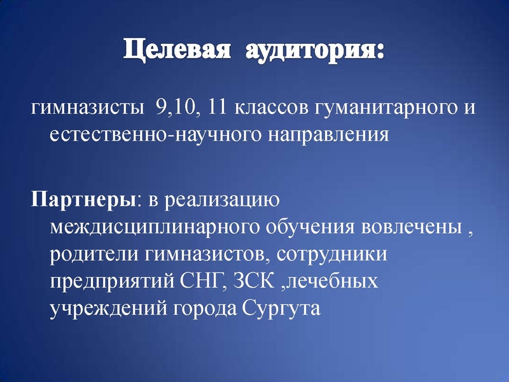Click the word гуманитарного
pyautogui.click(x=382, y=109)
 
